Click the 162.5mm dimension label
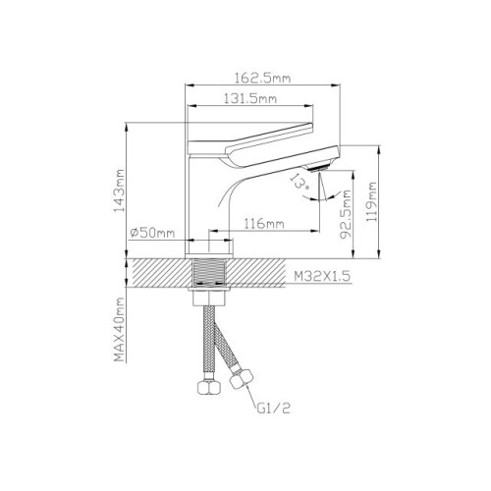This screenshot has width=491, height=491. coord(262,79)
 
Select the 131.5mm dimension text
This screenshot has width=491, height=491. coord(250,98)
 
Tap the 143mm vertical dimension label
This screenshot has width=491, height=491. coord(119,191)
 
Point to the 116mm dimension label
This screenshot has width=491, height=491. coord(264,224)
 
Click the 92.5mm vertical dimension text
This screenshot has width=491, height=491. coord(346,214)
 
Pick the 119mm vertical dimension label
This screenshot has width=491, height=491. coord(371,202)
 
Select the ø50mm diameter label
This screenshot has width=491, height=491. coord(152,233)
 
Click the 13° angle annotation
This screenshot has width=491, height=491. coord(300,182)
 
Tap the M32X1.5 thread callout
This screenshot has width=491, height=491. coord(322,277)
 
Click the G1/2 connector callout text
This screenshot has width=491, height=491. coord(274,409)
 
